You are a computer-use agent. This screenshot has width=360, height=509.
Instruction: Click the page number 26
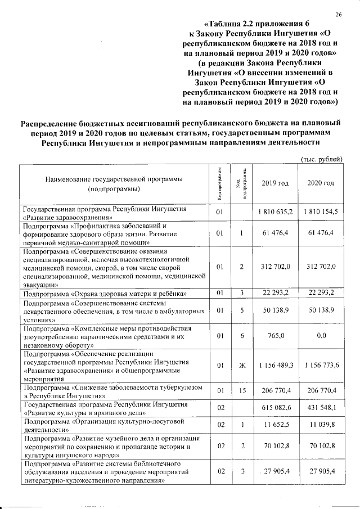coord(339,14)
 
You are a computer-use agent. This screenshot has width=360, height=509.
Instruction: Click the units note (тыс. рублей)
coord(322,159)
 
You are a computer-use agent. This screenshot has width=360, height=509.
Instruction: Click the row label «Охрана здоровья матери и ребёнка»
coord(105,294)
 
